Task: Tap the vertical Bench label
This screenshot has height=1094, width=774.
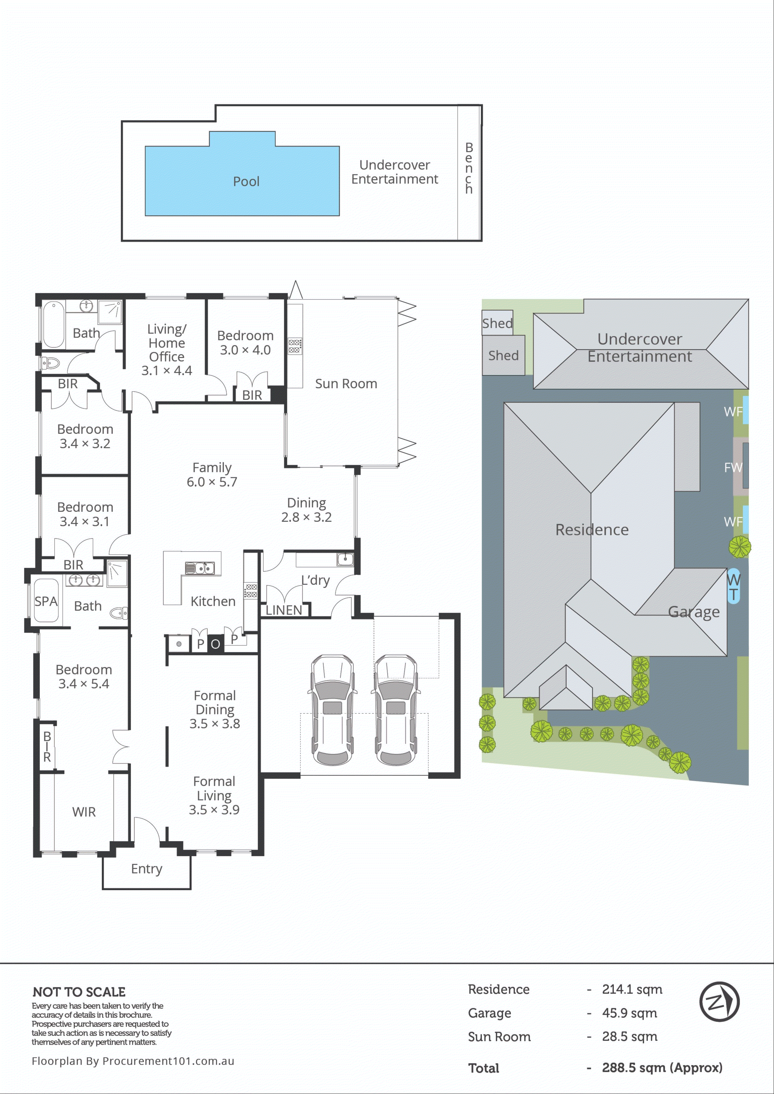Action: pyautogui.click(x=469, y=168)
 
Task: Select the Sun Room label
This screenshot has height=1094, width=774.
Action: pyautogui.click(x=346, y=384)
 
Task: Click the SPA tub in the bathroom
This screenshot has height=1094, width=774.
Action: pyautogui.click(x=46, y=601)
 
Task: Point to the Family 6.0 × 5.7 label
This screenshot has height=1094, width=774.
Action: pyautogui.click(x=212, y=474)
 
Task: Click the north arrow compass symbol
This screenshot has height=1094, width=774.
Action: pyautogui.click(x=719, y=1002)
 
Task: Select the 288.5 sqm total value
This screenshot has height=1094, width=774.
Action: pyautogui.click(x=661, y=1068)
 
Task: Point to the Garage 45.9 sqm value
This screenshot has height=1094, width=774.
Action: pyautogui.click(x=629, y=1013)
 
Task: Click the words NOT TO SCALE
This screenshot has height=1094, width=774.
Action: pyautogui.click(x=79, y=992)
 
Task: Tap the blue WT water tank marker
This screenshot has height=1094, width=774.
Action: pyautogui.click(x=733, y=586)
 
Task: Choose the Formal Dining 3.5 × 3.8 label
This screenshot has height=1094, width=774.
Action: pyautogui.click(x=214, y=709)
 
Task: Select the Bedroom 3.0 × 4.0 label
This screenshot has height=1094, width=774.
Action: pyautogui.click(x=245, y=343)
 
